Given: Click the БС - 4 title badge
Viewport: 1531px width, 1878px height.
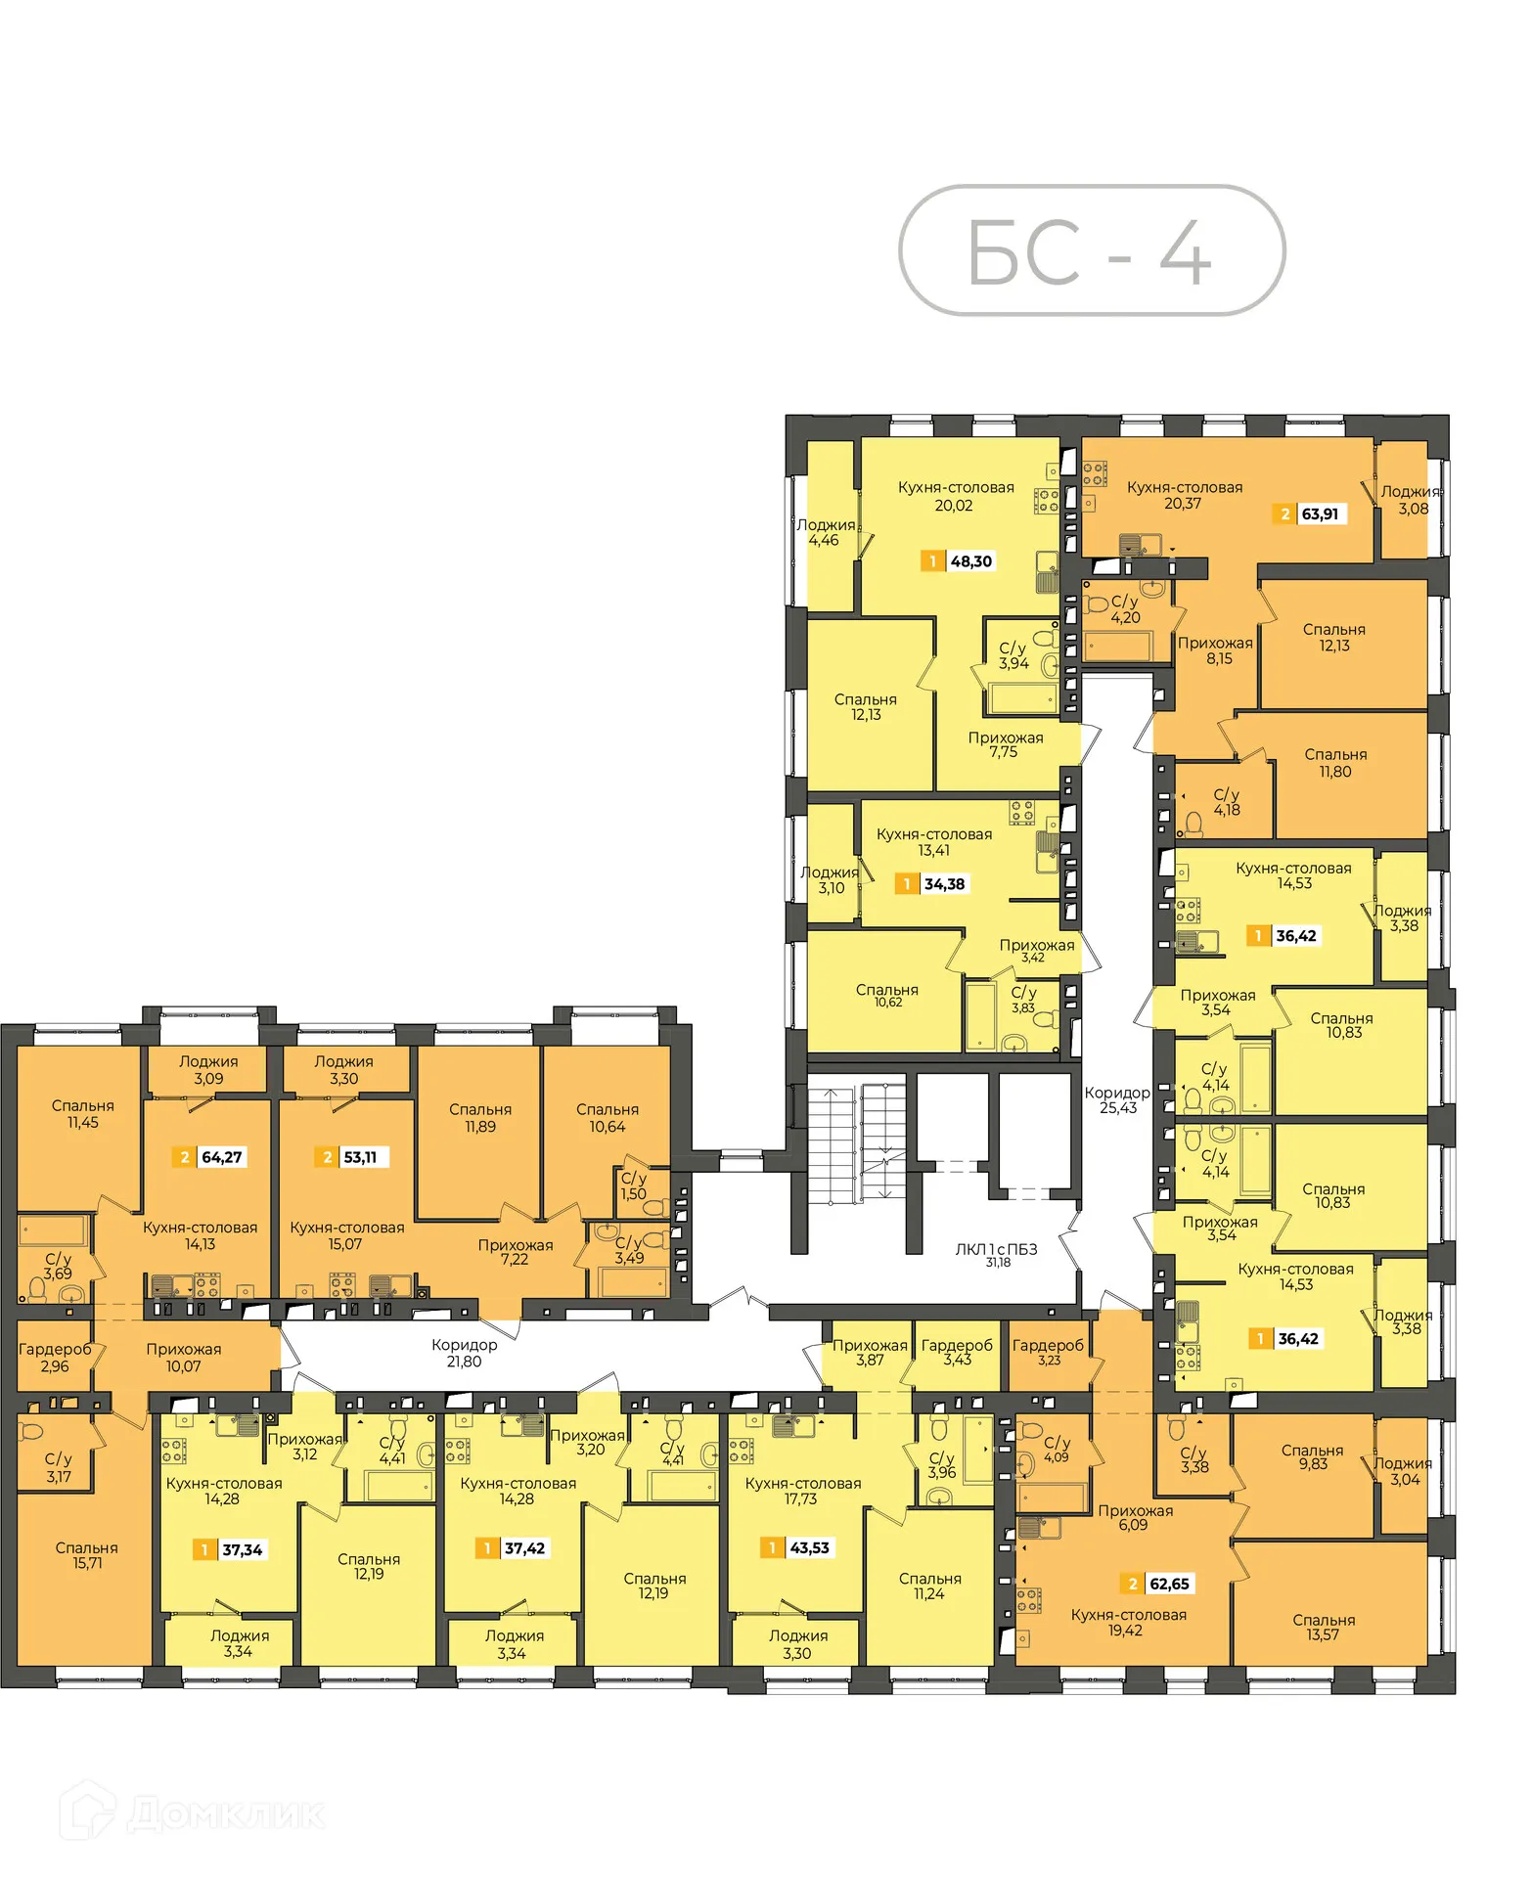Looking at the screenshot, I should (x=1091, y=250).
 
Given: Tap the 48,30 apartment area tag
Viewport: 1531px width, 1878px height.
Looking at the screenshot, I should (x=958, y=561).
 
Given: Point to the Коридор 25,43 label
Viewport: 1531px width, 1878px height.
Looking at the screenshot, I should (x=1117, y=1099).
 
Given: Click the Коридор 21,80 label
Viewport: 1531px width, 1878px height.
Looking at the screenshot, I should (x=464, y=1353).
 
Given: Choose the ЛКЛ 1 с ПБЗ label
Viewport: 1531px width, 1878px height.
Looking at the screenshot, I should (x=996, y=1253).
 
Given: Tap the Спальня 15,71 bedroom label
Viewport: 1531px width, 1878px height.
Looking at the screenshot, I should (x=87, y=1555).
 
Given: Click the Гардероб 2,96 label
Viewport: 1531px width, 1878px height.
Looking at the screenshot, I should (x=55, y=1358).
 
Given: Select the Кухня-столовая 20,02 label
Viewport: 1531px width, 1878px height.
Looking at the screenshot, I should (x=955, y=496).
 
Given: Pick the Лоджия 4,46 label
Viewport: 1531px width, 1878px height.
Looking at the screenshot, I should (x=825, y=532).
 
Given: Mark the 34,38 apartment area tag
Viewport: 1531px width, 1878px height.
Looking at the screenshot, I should (x=932, y=884).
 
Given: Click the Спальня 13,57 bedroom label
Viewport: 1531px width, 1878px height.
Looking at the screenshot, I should (x=1323, y=1628).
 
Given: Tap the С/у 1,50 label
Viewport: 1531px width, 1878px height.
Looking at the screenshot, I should (x=633, y=1185).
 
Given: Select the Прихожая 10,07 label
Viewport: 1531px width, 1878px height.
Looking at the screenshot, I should (x=183, y=1358).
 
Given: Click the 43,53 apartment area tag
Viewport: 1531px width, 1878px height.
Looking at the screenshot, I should (x=797, y=1547).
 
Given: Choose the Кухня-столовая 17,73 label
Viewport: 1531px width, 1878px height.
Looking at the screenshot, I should (x=802, y=1491).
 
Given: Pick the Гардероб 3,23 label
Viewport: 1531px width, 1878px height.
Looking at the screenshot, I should (x=1048, y=1352).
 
